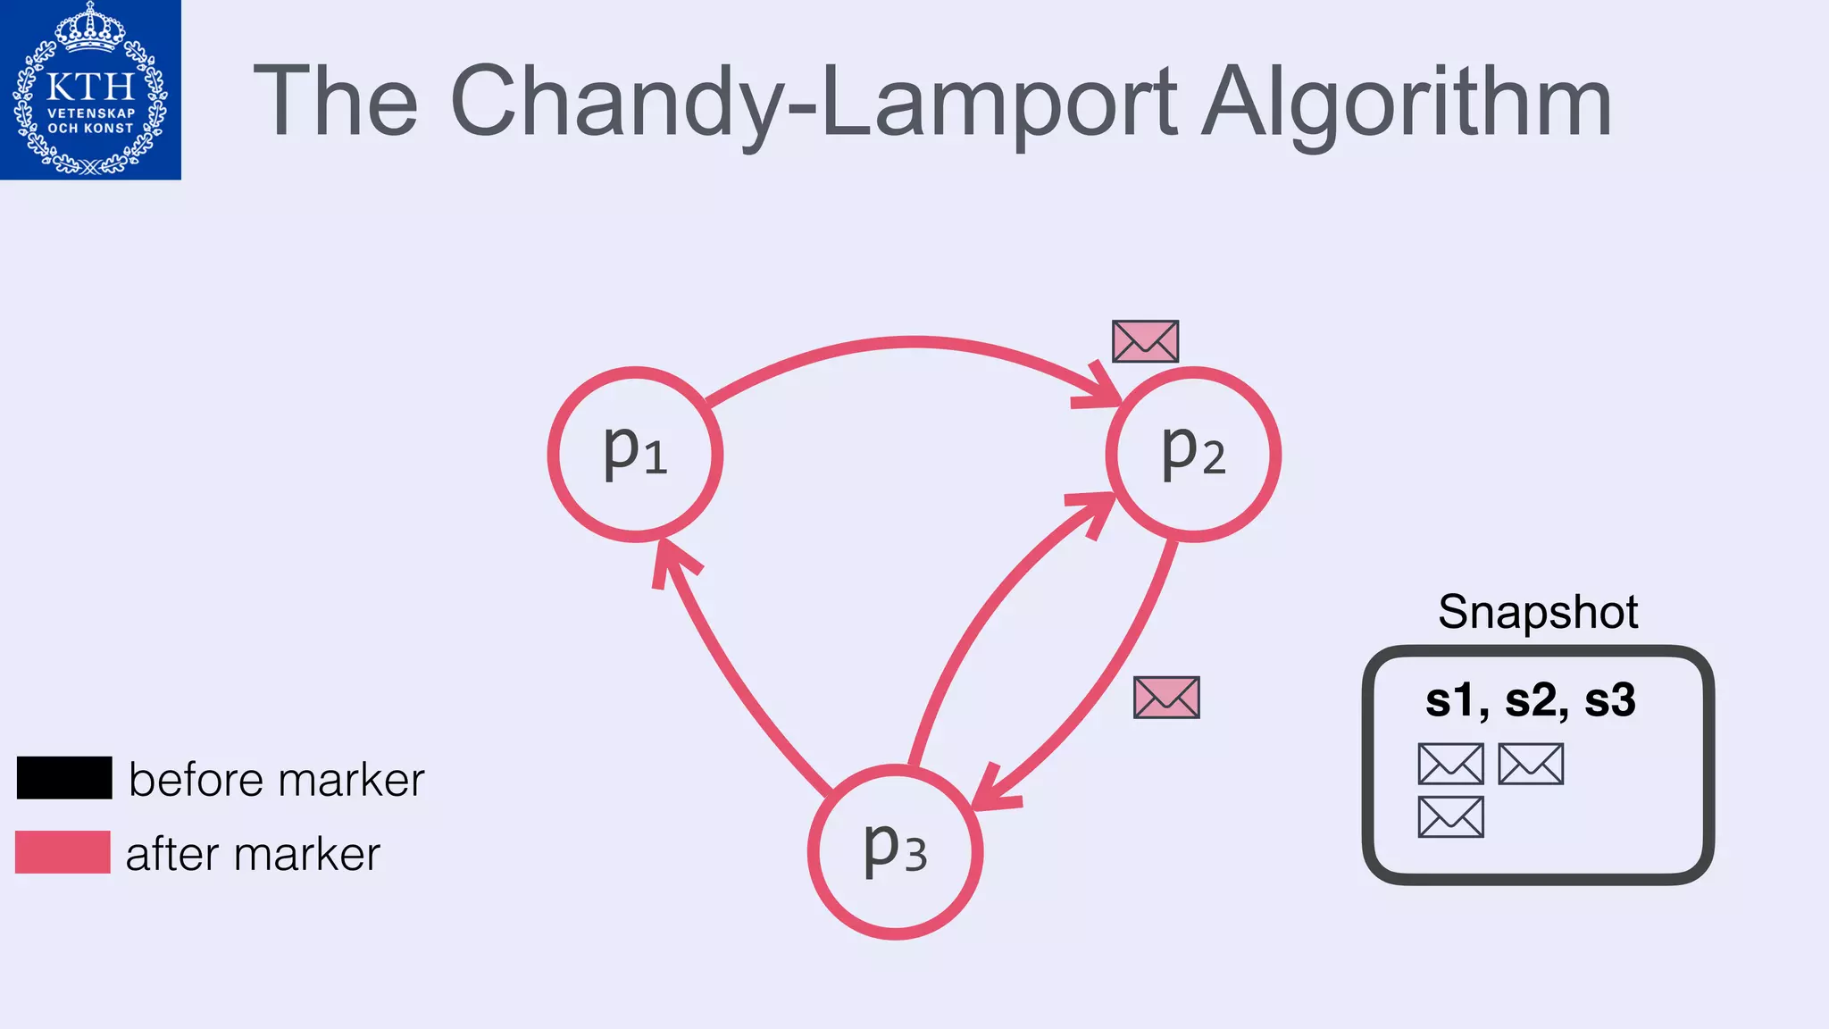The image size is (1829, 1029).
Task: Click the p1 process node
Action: coord(635,454)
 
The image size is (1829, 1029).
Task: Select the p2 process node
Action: coord(1193,454)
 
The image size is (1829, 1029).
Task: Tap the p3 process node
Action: coord(896,851)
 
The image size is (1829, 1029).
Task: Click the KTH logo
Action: coord(90,89)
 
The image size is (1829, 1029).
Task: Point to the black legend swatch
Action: coord(64,777)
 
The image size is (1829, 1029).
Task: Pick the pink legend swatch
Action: coord(63,852)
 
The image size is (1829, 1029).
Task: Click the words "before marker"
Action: coord(276,780)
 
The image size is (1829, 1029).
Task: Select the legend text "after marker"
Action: coord(253,854)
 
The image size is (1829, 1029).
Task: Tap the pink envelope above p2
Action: coord(1145,341)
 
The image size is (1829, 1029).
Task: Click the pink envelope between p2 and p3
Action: coord(1166,697)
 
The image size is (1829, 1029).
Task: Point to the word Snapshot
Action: coord(1538,612)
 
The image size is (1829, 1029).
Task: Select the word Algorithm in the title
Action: coord(1407,103)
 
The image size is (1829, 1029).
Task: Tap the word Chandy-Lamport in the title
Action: coord(813,103)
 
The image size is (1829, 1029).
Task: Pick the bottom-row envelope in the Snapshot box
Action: coord(1451,816)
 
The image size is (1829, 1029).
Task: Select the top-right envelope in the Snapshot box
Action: coord(1531,764)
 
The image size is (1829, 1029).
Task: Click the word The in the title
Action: coord(336,103)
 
